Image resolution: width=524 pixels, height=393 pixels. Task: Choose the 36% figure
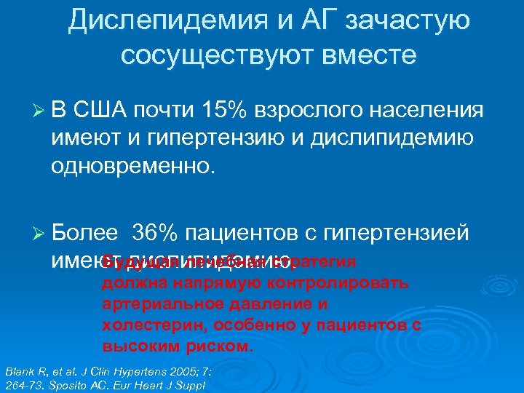point(155,234)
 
